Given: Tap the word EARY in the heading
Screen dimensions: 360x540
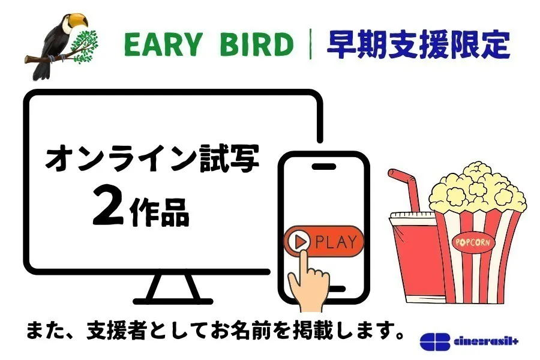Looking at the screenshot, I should pos(158,46).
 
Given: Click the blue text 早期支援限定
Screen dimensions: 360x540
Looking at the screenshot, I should pos(418,44).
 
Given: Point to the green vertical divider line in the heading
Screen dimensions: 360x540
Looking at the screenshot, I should pos(311,45).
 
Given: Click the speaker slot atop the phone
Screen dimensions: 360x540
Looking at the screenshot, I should pos(325,165).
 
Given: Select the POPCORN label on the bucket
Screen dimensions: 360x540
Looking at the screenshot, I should pos(473,242).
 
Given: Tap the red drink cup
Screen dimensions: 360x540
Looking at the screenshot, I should pos(414,258).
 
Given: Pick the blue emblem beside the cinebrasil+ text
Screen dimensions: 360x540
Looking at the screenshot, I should pos(435,341).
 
